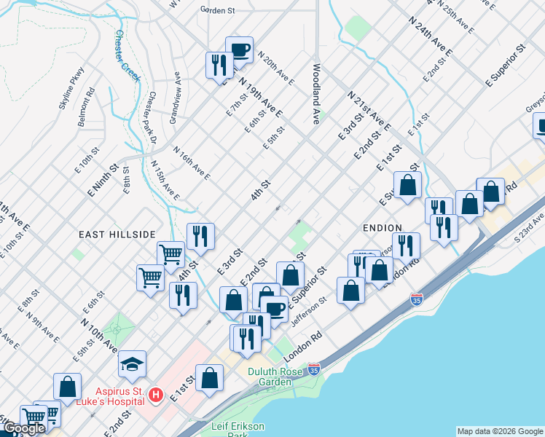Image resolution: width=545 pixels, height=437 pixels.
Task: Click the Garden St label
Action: click(218, 10)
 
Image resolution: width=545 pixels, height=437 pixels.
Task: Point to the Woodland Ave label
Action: click(317, 91)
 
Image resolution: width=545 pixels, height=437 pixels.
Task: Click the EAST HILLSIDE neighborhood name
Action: click(117, 234)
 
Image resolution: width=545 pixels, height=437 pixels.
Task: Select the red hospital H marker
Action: click(155, 395)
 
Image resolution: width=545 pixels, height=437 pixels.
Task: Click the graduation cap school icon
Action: click(132, 363)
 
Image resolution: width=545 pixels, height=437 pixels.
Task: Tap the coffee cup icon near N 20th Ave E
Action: click(239, 50)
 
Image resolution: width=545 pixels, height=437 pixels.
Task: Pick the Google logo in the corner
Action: click(23, 428)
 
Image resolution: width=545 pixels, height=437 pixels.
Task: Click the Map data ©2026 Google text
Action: click(500, 431)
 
